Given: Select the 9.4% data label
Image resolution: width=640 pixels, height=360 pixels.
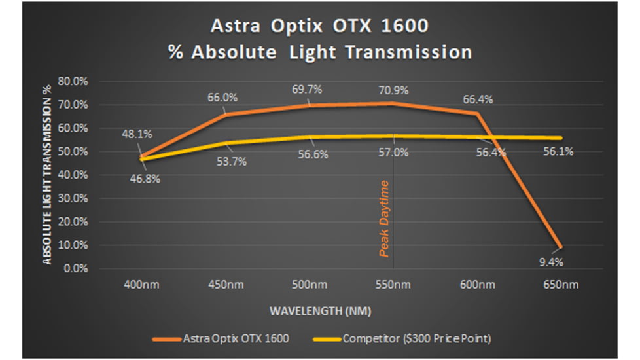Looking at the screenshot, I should [549, 262].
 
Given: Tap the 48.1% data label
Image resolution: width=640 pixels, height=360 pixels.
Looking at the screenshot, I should [137, 134].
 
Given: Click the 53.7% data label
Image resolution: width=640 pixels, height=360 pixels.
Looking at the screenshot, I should [231, 162].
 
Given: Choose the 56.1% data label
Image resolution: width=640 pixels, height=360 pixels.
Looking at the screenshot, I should [558, 151].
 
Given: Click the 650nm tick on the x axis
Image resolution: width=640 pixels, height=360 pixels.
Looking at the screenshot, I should [561, 285].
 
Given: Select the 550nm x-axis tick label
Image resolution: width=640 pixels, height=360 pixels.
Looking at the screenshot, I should [393, 285].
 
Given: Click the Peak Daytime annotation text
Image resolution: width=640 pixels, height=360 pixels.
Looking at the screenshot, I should [385, 218].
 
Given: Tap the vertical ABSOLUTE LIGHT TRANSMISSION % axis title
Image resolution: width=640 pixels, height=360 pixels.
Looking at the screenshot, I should [48, 175].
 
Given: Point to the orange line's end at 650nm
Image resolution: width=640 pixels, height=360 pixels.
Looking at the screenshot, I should [561, 247].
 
